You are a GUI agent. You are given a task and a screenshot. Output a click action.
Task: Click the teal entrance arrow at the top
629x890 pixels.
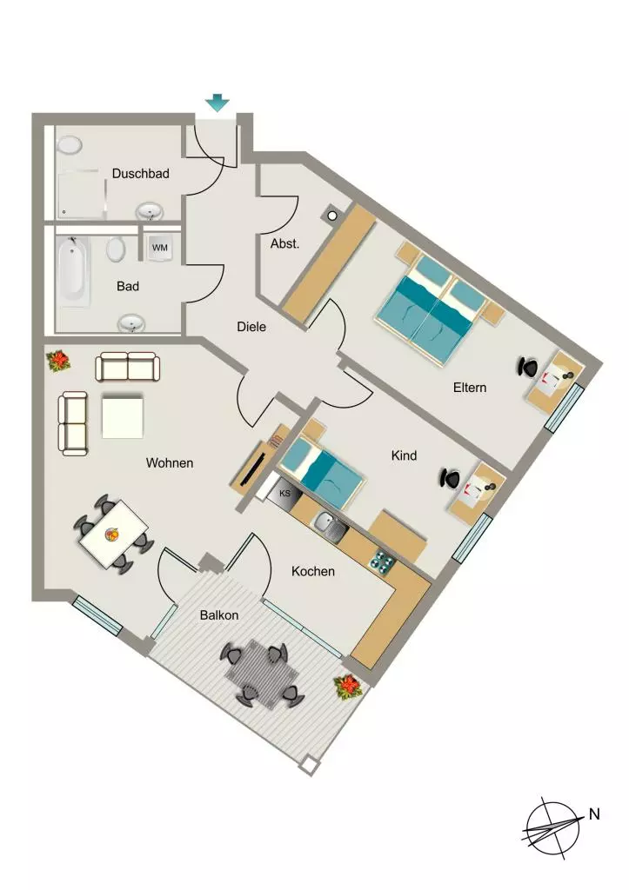point(217,103)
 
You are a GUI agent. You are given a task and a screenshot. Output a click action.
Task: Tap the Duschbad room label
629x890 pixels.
point(140,173)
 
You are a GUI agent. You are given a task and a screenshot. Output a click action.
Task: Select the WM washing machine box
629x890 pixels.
point(160,248)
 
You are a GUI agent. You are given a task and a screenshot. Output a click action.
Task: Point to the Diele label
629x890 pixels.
point(251,327)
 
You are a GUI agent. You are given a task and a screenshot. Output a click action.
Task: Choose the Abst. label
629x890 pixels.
point(284,244)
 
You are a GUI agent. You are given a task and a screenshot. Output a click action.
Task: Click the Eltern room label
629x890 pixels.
point(469,388)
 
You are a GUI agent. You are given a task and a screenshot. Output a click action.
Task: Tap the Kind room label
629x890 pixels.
point(404,455)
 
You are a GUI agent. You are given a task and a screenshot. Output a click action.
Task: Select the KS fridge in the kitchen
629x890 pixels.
point(284,494)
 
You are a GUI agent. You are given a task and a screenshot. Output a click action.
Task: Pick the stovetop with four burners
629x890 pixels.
point(382,560)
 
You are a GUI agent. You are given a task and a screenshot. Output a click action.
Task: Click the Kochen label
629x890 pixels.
point(312,571)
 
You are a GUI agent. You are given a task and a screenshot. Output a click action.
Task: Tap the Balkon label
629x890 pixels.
point(218,615)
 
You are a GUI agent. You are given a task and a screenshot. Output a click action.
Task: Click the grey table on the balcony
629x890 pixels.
point(262,674)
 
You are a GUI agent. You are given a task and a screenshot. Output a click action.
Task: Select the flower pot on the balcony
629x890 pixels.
point(347,687)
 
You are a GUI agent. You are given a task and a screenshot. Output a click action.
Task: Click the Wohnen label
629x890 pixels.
point(170,463)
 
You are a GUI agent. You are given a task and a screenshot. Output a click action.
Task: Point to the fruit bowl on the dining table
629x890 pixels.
point(112,534)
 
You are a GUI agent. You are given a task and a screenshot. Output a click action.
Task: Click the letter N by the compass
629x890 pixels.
point(594,814)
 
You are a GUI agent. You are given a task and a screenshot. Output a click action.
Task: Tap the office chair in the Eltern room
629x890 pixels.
point(528,367)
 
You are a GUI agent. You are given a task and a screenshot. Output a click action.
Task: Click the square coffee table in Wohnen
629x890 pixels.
point(122,417)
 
